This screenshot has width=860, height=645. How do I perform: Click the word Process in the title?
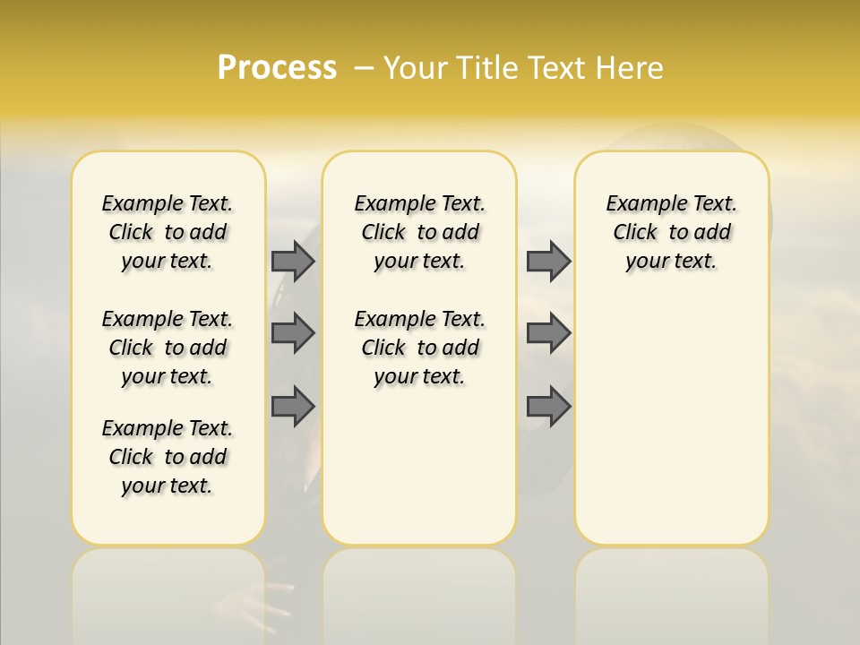tap(277, 67)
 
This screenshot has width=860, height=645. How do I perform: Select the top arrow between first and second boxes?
tap(292, 261)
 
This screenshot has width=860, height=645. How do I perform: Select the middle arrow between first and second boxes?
tap(292, 333)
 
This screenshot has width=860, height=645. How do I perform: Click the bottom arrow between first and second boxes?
tap(292, 407)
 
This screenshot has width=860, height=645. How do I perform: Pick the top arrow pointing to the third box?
tap(548, 261)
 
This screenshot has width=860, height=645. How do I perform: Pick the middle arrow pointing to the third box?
tap(548, 333)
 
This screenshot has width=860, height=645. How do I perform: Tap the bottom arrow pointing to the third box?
tap(548, 407)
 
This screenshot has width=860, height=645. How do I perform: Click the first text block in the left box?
tap(168, 232)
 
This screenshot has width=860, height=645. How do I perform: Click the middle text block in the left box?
tap(168, 348)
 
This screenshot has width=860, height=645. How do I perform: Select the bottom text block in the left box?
tap(168, 457)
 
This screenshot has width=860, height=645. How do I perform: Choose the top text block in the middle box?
tap(419, 232)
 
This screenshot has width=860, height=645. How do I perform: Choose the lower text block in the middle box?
tap(419, 348)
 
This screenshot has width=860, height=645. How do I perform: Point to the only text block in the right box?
tap(671, 232)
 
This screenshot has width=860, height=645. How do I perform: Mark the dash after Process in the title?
tap(364, 67)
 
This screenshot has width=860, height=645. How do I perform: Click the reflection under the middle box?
tap(419, 591)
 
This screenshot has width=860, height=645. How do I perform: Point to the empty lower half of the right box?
tap(671, 421)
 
